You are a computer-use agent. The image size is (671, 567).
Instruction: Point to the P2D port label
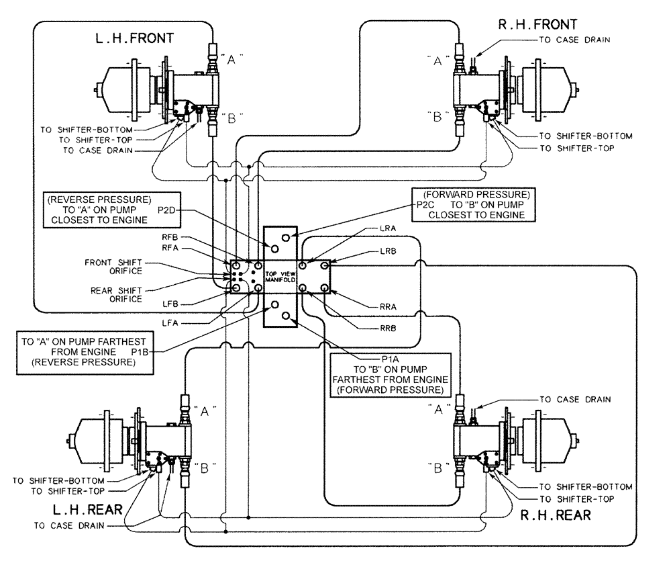(x=167, y=210)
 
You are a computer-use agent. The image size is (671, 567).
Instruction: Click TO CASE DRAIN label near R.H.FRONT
(x=575, y=40)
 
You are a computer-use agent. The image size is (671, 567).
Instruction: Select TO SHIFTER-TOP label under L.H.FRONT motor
(x=99, y=139)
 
